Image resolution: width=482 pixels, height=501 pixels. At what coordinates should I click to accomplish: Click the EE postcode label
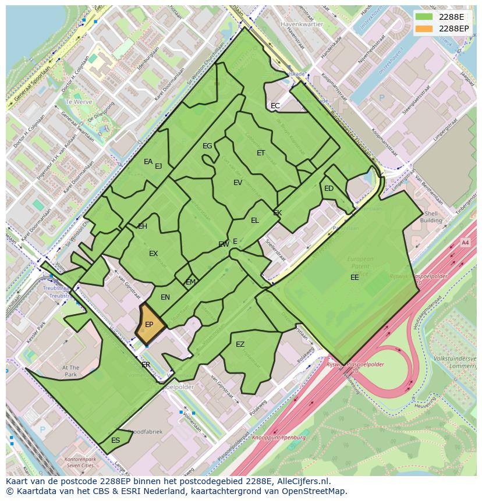[x=355, y=278]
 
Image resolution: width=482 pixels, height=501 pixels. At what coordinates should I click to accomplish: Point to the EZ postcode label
[x=240, y=344]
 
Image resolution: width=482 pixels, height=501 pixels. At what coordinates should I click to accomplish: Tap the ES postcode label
[x=115, y=440]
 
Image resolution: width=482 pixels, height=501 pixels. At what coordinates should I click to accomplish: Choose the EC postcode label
[x=275, y=106]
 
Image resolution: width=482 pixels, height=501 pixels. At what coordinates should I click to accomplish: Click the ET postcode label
[x=261, y=153]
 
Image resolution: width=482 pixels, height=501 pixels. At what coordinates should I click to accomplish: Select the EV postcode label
[x=238, y=183]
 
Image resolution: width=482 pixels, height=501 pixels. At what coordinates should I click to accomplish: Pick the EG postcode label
[x=207, y=146]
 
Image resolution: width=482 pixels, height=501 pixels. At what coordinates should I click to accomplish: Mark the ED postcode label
[x=329, y=189]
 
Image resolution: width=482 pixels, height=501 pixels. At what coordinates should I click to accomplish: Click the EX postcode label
[x=153, y=254]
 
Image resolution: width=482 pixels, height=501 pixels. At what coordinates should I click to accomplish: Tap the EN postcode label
[x=165, y=297]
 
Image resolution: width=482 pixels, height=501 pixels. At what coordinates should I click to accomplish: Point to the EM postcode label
[x=191, y=282]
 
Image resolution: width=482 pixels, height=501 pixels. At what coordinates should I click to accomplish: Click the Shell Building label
[x=431, y=217]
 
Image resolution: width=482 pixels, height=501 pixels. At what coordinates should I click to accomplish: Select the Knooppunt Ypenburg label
[x=279, y=437]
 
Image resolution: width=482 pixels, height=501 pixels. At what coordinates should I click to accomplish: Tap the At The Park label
[x=70, y=371]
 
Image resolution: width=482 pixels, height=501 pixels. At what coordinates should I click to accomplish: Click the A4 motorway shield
[x=465, y=242]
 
